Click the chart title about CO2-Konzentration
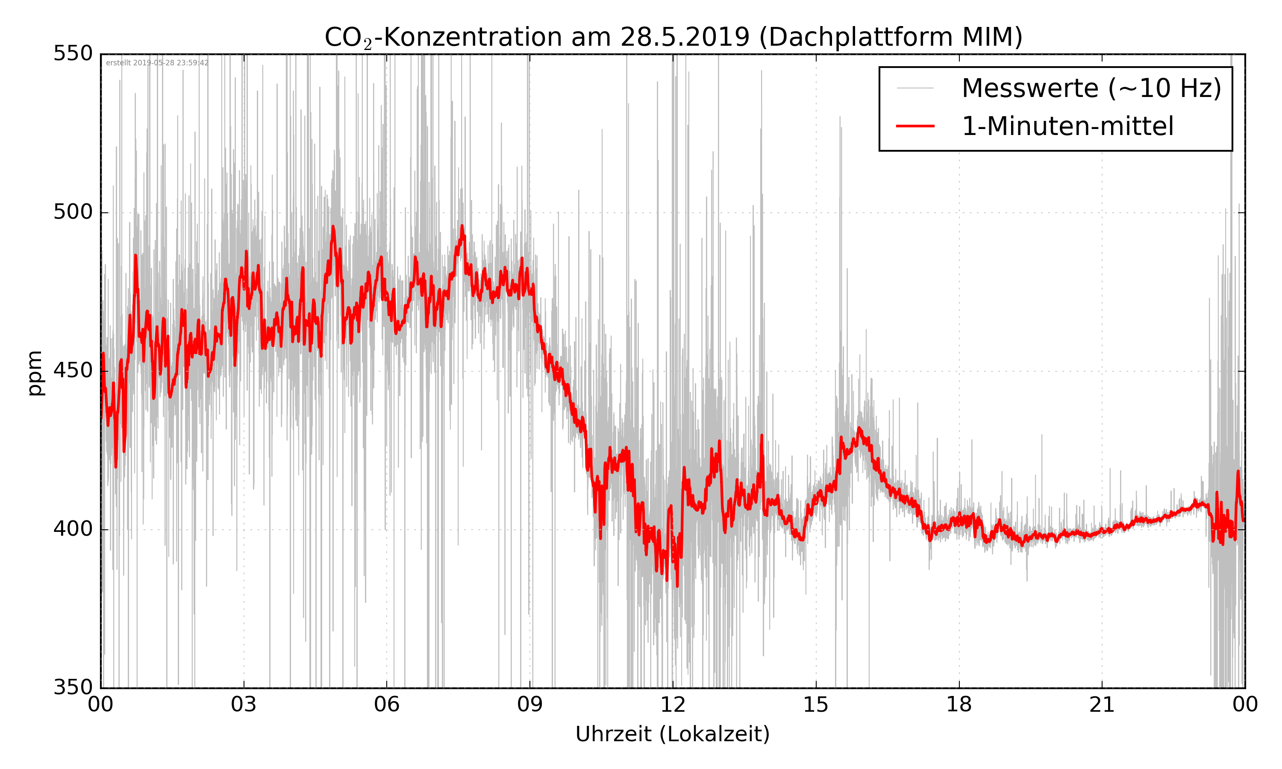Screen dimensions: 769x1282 point(673,37)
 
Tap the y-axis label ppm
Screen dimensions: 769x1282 point(35,373)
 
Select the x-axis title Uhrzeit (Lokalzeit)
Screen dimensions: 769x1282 point(673,734)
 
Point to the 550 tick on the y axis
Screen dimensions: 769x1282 point(73,53)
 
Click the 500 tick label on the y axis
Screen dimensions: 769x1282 point(73,212)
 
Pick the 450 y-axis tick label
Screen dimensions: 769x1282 point(73,370)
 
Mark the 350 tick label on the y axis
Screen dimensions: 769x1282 point(73,688)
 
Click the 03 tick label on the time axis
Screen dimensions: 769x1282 point(244,705)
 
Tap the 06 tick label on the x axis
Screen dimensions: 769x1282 point(387,705)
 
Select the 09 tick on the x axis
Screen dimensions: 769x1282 point(529,705)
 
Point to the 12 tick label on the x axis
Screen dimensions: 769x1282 point(673,705)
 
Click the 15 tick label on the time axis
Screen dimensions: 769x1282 point(816,705)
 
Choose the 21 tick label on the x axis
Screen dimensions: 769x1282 point(1102,705)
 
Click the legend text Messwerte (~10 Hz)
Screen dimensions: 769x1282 point(1091,88)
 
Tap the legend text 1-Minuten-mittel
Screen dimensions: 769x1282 point(1067,126)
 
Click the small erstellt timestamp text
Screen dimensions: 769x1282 point(157,63)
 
